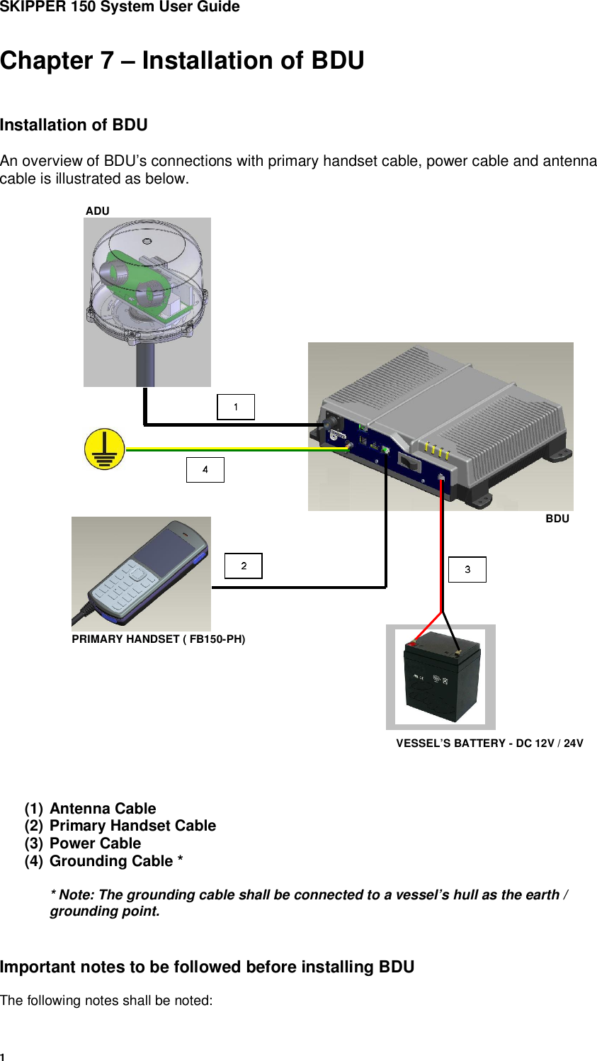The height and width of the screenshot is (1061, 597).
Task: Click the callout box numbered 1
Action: click(x=236, y=407)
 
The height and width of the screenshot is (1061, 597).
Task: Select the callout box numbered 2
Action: click(x=244, y=566)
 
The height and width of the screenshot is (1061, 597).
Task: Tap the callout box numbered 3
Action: click(x=467, y=569)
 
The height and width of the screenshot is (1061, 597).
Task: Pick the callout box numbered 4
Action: click(x=205, y=470)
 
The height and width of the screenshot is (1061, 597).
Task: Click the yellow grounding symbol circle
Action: click(x=105, y=449)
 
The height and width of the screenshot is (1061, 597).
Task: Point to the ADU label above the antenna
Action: click(x=98, y=210)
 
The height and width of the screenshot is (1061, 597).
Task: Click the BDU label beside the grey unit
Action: click(x=557, y=519)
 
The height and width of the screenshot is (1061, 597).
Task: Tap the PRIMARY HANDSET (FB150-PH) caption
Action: click(x=159, y=639)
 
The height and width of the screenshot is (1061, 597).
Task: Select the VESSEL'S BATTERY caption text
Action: click(x=489, y=743)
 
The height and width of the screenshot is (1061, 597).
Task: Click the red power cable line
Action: click(x=442, y=545)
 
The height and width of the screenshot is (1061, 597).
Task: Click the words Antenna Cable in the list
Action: click(x=103, y=808)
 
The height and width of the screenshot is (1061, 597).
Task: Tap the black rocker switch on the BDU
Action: click(x=409, y=461)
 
